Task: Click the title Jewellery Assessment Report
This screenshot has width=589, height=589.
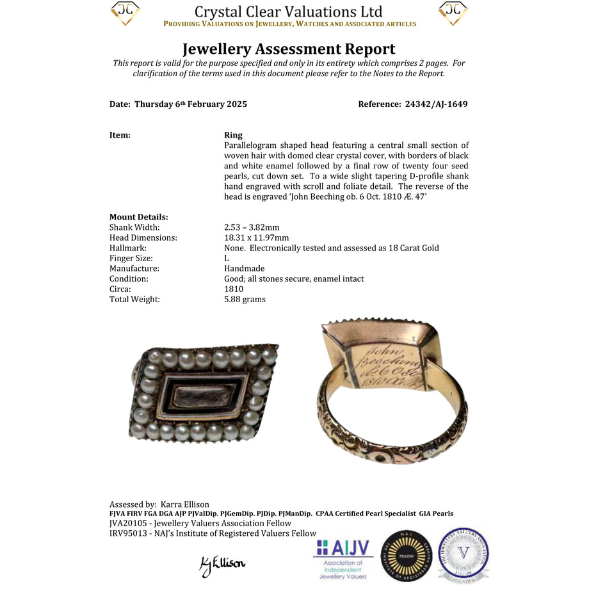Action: (289, 49)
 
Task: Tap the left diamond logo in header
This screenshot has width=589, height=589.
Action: (125, 13)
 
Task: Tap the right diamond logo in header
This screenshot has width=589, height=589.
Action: (453, 13)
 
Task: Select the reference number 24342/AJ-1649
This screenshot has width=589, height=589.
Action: (436, 104)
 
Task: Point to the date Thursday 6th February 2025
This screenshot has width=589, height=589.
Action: (190, 104)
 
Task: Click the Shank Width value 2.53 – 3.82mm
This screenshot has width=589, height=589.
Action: (252, 227)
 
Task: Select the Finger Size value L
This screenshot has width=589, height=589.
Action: (227, 258)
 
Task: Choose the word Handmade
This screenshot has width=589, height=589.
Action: (244, 268)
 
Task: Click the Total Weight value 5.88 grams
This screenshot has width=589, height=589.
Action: (245, 299)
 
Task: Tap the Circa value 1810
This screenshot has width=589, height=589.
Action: (234, 289)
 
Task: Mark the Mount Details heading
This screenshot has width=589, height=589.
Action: (139, 217)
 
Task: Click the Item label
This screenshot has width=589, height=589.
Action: (120, 135)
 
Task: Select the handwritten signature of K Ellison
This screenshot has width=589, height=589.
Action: (222, 563)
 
